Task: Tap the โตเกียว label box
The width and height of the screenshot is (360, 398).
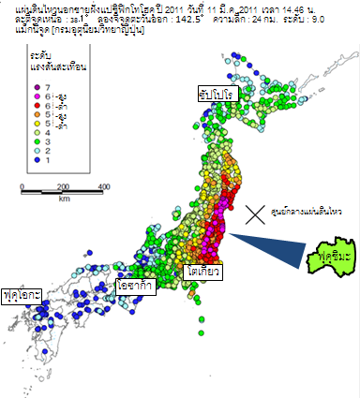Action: (x=203, y=272)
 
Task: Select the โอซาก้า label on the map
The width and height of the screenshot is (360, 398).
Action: (x=136, y=284)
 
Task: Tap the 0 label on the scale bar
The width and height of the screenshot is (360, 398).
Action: (x=21, y=187)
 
